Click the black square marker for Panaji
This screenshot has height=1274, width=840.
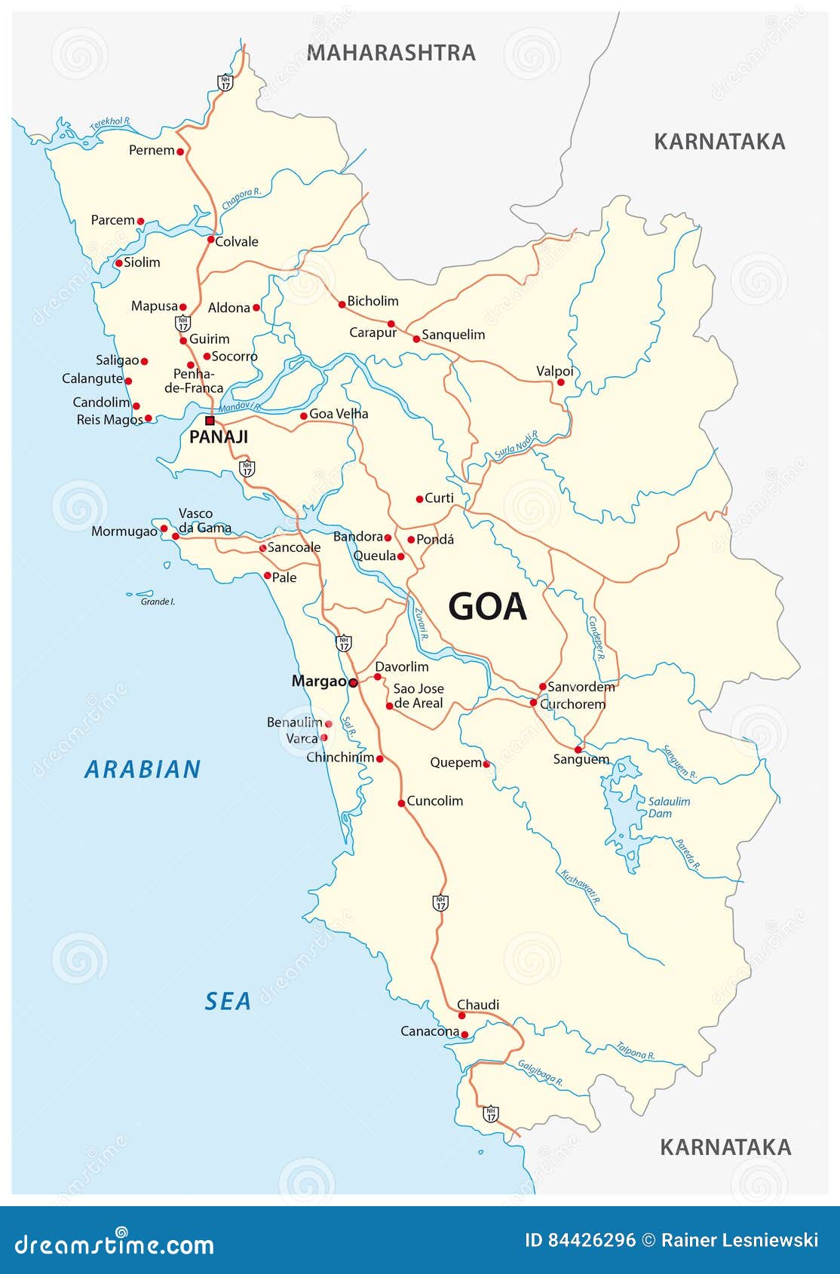(210, 421)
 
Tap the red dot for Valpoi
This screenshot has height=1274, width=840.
(560, 382)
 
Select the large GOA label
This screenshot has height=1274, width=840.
(487, 607)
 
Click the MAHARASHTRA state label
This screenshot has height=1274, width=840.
(391, 53)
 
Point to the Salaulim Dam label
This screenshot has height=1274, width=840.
(669, 807)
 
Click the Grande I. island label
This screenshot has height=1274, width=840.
(158, 602)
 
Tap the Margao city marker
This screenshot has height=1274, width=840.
(353, 682)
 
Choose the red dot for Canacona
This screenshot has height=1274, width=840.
(464, 1034)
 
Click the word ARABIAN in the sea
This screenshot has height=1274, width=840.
(143, 770)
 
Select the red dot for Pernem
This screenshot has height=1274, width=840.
(180, 152)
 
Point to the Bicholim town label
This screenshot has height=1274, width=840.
(372, 301)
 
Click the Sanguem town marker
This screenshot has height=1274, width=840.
(578, 749)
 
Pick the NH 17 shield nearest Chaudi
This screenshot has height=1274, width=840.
(441, 902)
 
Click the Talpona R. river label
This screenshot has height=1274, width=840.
(635, 1050)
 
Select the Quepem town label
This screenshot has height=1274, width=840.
(455, 762)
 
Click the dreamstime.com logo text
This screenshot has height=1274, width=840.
(115, 1245)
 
